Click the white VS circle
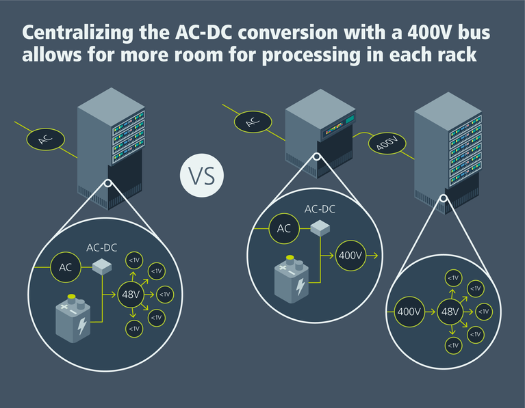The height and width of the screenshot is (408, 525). (x=201, y=176)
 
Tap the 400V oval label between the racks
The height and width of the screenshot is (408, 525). (x=387, y=144)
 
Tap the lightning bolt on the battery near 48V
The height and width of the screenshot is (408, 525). (x=83, y=326)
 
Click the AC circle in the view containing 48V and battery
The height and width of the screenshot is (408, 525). (x=66, y=268)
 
